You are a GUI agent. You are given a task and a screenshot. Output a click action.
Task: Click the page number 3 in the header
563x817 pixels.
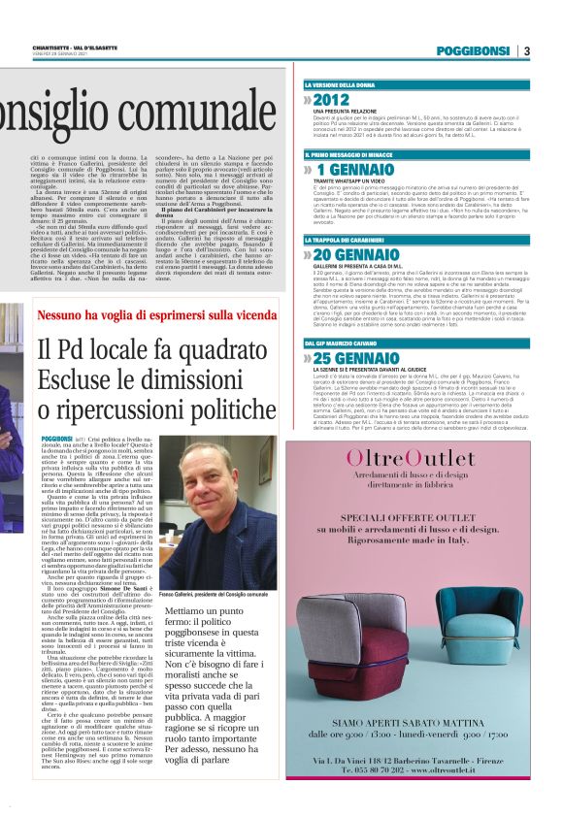[526, 50]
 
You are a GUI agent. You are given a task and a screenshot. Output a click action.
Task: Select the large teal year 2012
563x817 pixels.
[330, 100]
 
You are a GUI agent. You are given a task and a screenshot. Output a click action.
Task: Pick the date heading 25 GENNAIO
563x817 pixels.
[357, 358]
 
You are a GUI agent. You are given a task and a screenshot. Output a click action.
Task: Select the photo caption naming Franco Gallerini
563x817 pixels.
[214, 594]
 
